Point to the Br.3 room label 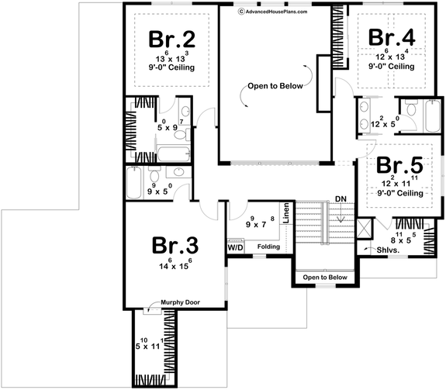tap(175, 246)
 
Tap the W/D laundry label tap(236, 248)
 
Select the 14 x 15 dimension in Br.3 tap(173, 266)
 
